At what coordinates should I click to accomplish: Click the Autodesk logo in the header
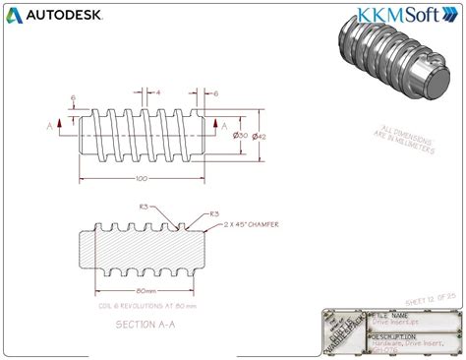click(49, 15)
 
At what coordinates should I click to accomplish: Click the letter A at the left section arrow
click(47, 126)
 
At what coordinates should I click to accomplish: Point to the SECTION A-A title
click(147, 324)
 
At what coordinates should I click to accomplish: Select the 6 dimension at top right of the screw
click(215, 92)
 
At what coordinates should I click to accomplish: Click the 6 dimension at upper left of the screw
click(74, 97)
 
